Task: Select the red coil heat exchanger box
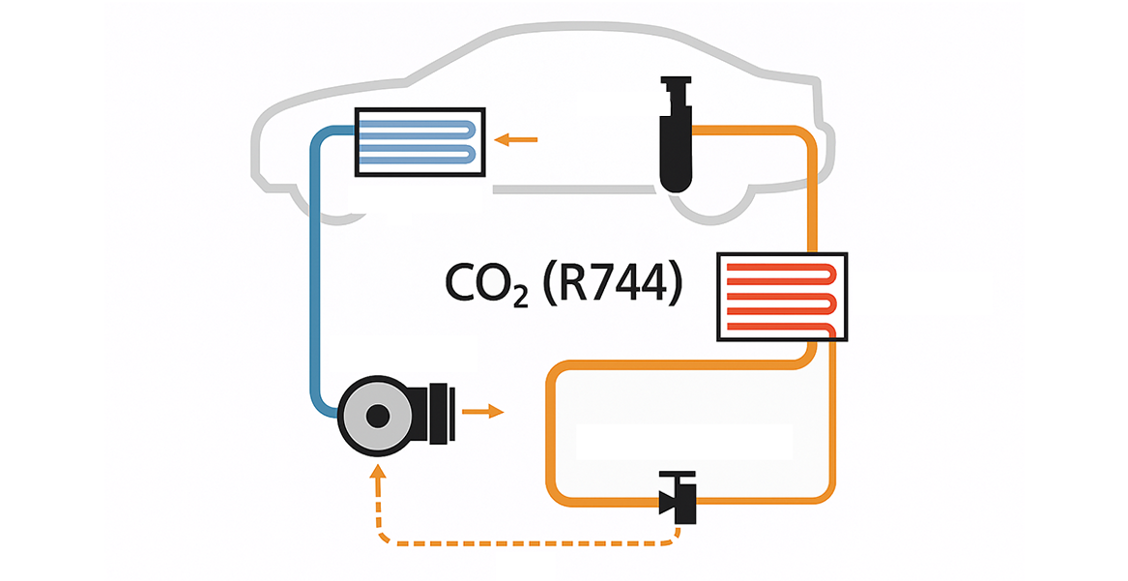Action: coord(781,297)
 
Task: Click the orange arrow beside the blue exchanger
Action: coord(518,140)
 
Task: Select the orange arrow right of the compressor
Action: coord(482,413)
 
